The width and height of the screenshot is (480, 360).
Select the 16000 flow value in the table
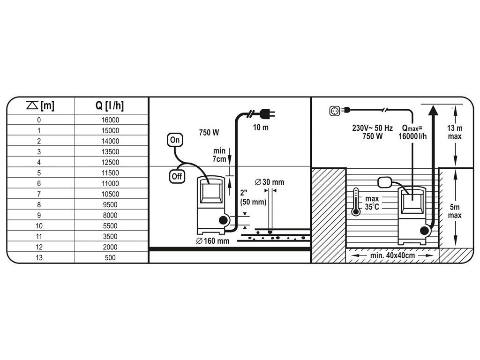click(110, 120)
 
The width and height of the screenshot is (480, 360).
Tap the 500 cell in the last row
click(110, 258)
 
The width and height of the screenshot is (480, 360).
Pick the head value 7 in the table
click(39, 194)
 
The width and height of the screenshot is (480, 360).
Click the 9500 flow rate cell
click(110, 205)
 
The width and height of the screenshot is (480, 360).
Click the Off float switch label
click(177, 176)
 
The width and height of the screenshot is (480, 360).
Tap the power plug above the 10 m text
click(265, 113)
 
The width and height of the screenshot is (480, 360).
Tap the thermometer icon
click(356, 201)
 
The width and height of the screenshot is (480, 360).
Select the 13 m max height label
click(454, 132)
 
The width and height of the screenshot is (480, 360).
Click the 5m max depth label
click(454, 211)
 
